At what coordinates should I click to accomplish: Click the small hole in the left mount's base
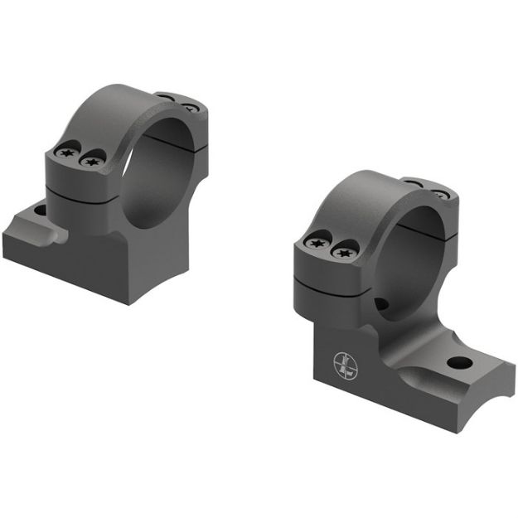tap(39, 211)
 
